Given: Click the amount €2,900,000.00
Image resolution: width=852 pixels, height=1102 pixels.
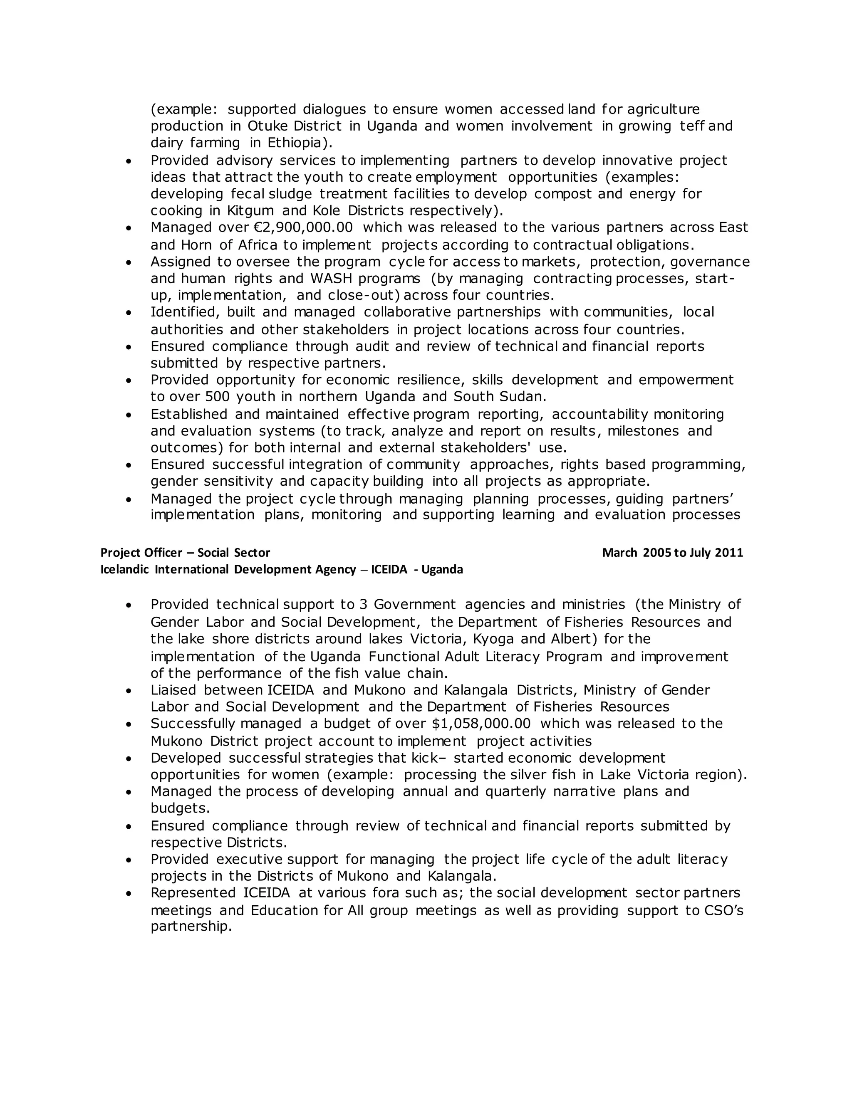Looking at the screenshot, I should [303, 227].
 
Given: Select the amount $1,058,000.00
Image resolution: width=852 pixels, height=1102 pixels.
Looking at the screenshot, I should [481, 724].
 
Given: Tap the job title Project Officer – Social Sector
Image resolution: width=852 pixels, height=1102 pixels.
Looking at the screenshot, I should [185, 553].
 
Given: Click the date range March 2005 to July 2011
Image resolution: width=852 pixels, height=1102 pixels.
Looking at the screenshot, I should [672, 553].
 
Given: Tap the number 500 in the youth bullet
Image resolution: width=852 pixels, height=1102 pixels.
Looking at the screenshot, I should [218, 397].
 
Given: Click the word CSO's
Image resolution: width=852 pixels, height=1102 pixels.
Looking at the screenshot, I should [723, 910].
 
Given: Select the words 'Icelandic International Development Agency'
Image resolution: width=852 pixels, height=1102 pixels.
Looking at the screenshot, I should [228, 570].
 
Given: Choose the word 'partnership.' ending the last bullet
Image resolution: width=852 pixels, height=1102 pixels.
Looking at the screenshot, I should [191, 927].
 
